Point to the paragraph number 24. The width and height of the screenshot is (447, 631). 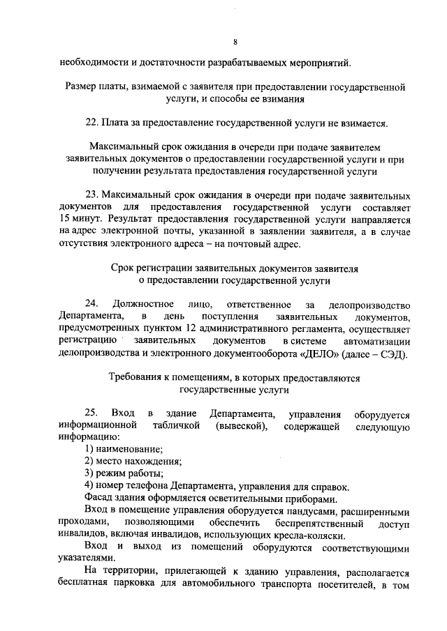91,305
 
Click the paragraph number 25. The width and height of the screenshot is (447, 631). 91,415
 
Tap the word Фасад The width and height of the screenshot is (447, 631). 98,499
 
